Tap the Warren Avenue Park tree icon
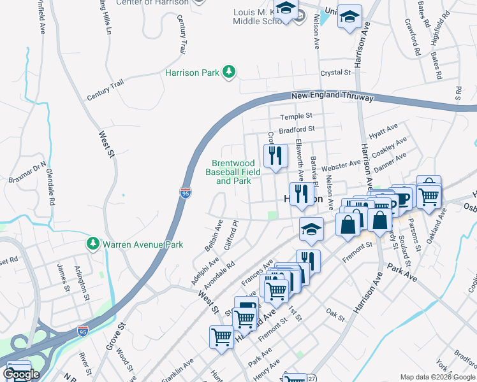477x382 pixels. pos(93,244)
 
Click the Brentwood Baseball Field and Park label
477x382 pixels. pos(233,172)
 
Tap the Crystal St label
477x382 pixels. pos(336,73)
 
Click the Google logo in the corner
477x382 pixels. pos(21,374)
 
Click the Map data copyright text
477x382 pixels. pos(437,377)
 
